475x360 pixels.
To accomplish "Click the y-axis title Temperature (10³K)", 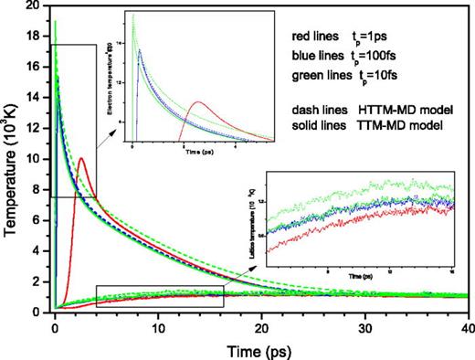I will coord(12,161).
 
